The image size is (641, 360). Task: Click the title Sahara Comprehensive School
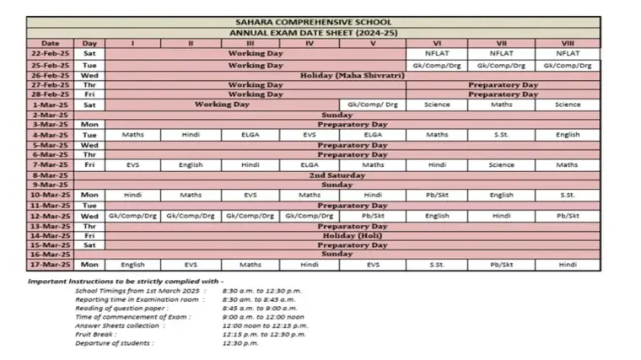[x=314, y=23]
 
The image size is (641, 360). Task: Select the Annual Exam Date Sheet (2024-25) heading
[x=314, y=33]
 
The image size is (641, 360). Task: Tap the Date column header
[x=51, y=43]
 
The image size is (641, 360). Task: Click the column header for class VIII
[x=568, y=43]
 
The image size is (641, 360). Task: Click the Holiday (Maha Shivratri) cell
[x=353, y=75]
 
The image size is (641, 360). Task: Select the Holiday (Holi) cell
[x=353, y=235]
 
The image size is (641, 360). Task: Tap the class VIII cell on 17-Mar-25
[x=568, y=265]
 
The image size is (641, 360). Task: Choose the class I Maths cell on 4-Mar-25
[x=132, y=135]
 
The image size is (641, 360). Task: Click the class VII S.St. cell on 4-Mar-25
[x=501, y=135]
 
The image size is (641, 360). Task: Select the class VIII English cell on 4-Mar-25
[x=568, y=135]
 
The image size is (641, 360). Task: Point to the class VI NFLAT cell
[x=437, y=53]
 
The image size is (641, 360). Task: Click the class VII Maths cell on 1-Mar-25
[x=501, y=105]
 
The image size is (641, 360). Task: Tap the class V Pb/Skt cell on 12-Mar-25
[x=373, y=216]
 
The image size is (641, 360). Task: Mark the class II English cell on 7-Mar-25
[x=191, y=165]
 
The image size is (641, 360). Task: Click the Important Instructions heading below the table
[x=126, y=280]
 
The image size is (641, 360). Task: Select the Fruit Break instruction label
[x=94, y=335]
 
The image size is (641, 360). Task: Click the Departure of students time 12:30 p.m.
[x=240, y=344]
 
